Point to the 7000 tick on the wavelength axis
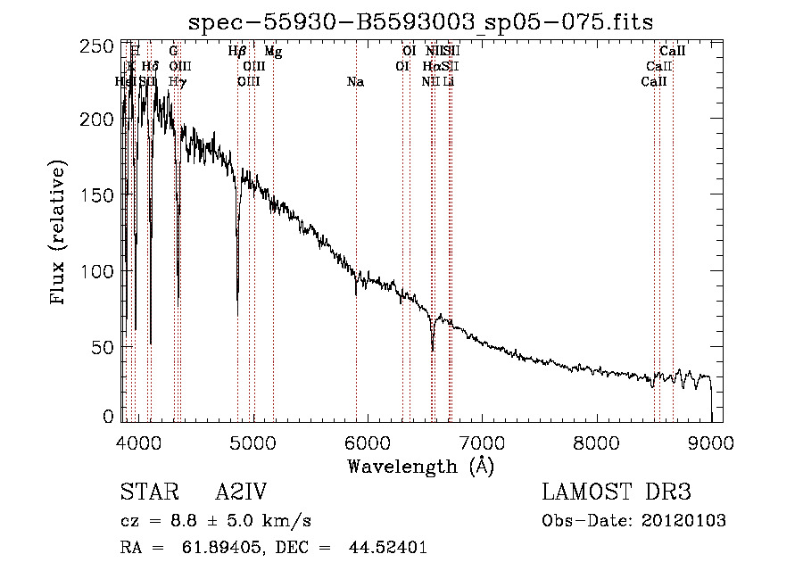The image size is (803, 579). (x=482, y=442)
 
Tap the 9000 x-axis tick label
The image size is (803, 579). (x=711, y=442)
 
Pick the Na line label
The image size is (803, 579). (x=355, y=82)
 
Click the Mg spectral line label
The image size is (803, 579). (x=273, y=53)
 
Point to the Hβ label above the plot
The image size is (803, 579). (x=236, y=53)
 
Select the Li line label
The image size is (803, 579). (x=449, y=82)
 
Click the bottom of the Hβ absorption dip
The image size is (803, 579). (x=237, y=302)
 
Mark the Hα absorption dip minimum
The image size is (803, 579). (x=433, y=350)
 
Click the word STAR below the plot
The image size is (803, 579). (x=145, y=492)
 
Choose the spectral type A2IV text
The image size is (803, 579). (x=241, y=492)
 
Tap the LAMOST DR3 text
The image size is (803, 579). (x=617, y=492)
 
